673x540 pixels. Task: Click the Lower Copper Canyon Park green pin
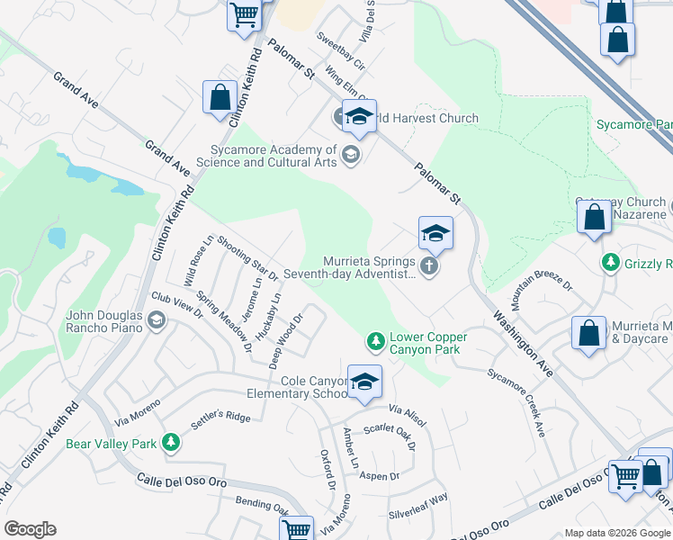coord(375,341)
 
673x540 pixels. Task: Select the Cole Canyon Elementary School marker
coord(364,382)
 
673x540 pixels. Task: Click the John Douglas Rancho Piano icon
coord(157,320)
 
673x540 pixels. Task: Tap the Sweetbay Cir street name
coord(340,52)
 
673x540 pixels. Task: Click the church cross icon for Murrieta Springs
coord(429,265)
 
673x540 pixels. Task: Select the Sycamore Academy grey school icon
coord(350,156)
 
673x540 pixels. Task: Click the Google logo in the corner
coord(30,529)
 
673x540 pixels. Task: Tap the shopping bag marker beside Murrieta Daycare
coord(588,332)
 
